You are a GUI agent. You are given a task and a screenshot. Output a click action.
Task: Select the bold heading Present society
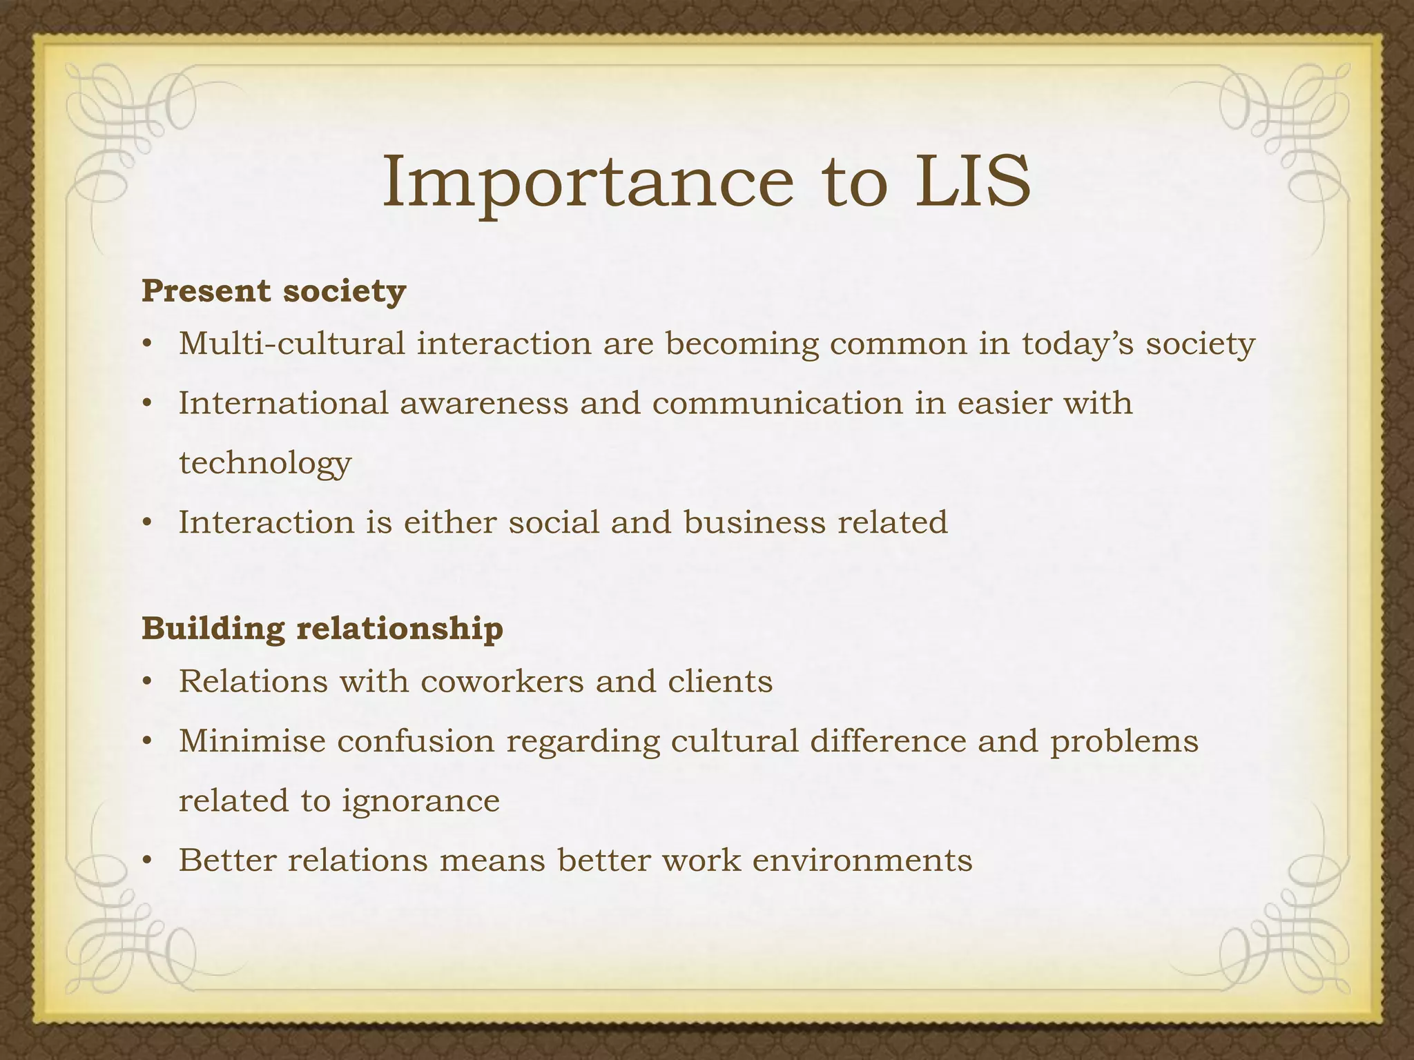(273, 291)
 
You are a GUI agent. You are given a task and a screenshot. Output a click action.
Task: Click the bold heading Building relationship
(322, 629)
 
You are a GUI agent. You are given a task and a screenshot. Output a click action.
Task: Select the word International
(284, 403)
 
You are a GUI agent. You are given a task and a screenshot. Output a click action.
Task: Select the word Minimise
(252, 741)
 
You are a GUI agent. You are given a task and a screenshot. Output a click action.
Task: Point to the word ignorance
(420, 801)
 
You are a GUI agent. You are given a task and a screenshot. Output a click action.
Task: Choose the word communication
(777, 403)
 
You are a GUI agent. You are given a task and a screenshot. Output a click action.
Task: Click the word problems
(1124, 741)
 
